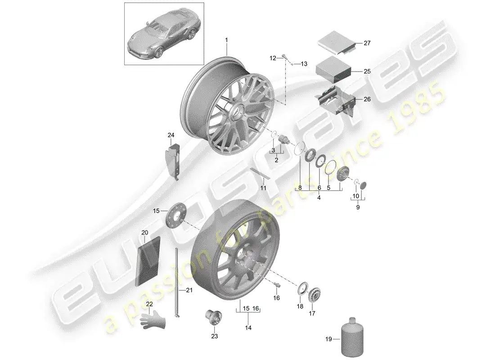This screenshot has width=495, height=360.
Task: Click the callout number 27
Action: (x=367, y=43)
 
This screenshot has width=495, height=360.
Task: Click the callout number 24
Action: (x=171, y=135)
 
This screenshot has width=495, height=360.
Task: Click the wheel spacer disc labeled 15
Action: (x=174, y=217)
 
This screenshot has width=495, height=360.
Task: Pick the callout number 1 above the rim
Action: (x=227, y=40)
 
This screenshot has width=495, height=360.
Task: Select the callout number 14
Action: (x=248, y=328)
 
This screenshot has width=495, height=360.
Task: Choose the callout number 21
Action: (x=189, y=291)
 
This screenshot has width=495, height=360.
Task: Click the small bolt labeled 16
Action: (x=277, y=284)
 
